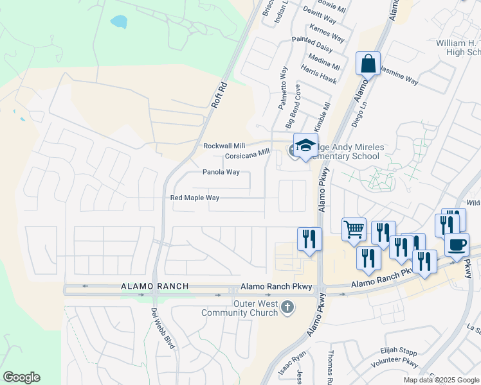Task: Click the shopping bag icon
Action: [x=368, y=64]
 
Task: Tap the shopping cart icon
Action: [x=354, y=229]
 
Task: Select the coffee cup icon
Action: [x=457, y=244]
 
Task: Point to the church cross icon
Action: [x=287, y=309]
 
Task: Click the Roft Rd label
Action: [x=220, y=93]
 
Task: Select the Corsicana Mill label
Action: [x=247, y=155]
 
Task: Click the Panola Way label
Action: [x=221, y=172]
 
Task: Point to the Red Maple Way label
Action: [x=195, y=198]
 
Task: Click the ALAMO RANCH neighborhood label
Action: [x=155, y=286]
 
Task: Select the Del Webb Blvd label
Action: [x=163, y=328]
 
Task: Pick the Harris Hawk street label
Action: [x=318, y=74]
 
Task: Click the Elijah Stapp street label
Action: [x=399, y=352]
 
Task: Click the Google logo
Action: [x=21, y=377]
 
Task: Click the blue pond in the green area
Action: [x=119, y=21]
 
